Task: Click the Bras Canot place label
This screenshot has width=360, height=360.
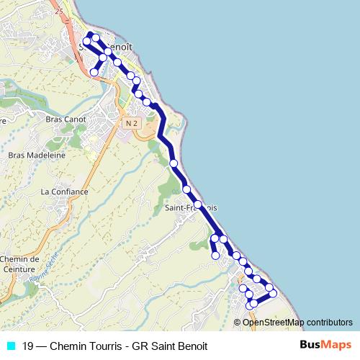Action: click(x=66, y=119)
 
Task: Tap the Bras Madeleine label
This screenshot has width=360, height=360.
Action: click(x=37, y=155)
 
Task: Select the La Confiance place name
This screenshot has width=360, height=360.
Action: click(x=64, y=192)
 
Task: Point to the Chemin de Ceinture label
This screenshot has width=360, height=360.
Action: click(x=19, y=264)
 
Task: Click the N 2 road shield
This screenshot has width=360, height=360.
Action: click(x=130, y=124)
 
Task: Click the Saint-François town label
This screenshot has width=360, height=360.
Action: click(x=191, y=208)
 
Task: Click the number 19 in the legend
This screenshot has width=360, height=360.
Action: click(x=28, y=346)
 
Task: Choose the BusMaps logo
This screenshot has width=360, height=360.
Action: click(x=326, y=345)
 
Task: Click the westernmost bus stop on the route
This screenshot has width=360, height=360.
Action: click(x=86, y=42)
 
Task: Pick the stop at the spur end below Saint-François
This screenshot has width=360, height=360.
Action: click(x=215, y=255)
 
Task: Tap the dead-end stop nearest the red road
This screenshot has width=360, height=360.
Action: click(x=94, y=72)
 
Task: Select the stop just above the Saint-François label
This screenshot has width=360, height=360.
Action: click(x=186, y=189)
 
